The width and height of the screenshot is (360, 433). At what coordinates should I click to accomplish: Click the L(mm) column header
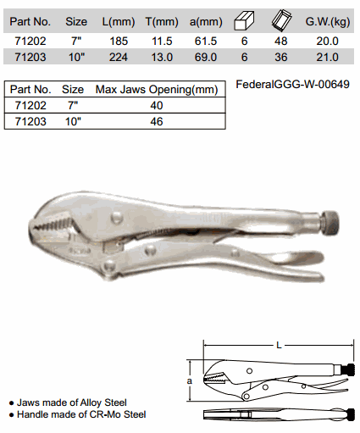click(x=119, y=22)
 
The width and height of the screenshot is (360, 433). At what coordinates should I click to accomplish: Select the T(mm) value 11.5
click(x=162, y=42)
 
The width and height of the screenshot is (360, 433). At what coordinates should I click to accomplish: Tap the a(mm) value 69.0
click(x=206, y=58)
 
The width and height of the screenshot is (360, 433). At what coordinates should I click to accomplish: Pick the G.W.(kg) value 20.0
click(x=327, y=42)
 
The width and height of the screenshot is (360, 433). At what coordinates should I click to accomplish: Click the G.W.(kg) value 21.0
click(x=327, y=58)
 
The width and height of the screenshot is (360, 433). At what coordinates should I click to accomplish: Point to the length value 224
click(x=119, y=58)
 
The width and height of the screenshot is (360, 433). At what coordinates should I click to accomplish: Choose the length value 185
click(x=119, y=42)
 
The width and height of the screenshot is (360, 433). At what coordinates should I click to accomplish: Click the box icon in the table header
click(x=244, y=20)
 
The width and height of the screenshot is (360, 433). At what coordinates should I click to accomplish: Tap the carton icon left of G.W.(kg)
click(x=281, y=20)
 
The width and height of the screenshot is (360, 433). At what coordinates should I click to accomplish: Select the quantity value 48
click(x=281, y=42)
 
